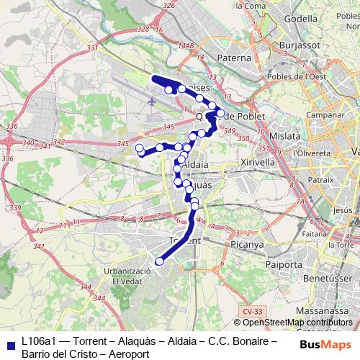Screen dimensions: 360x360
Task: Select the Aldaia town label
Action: (x=196, y=164)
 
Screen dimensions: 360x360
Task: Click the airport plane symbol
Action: (x=152, y=101)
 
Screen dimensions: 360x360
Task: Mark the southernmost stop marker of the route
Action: (x=160, y=261)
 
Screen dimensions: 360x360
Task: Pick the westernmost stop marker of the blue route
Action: (x=139, y=149)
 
